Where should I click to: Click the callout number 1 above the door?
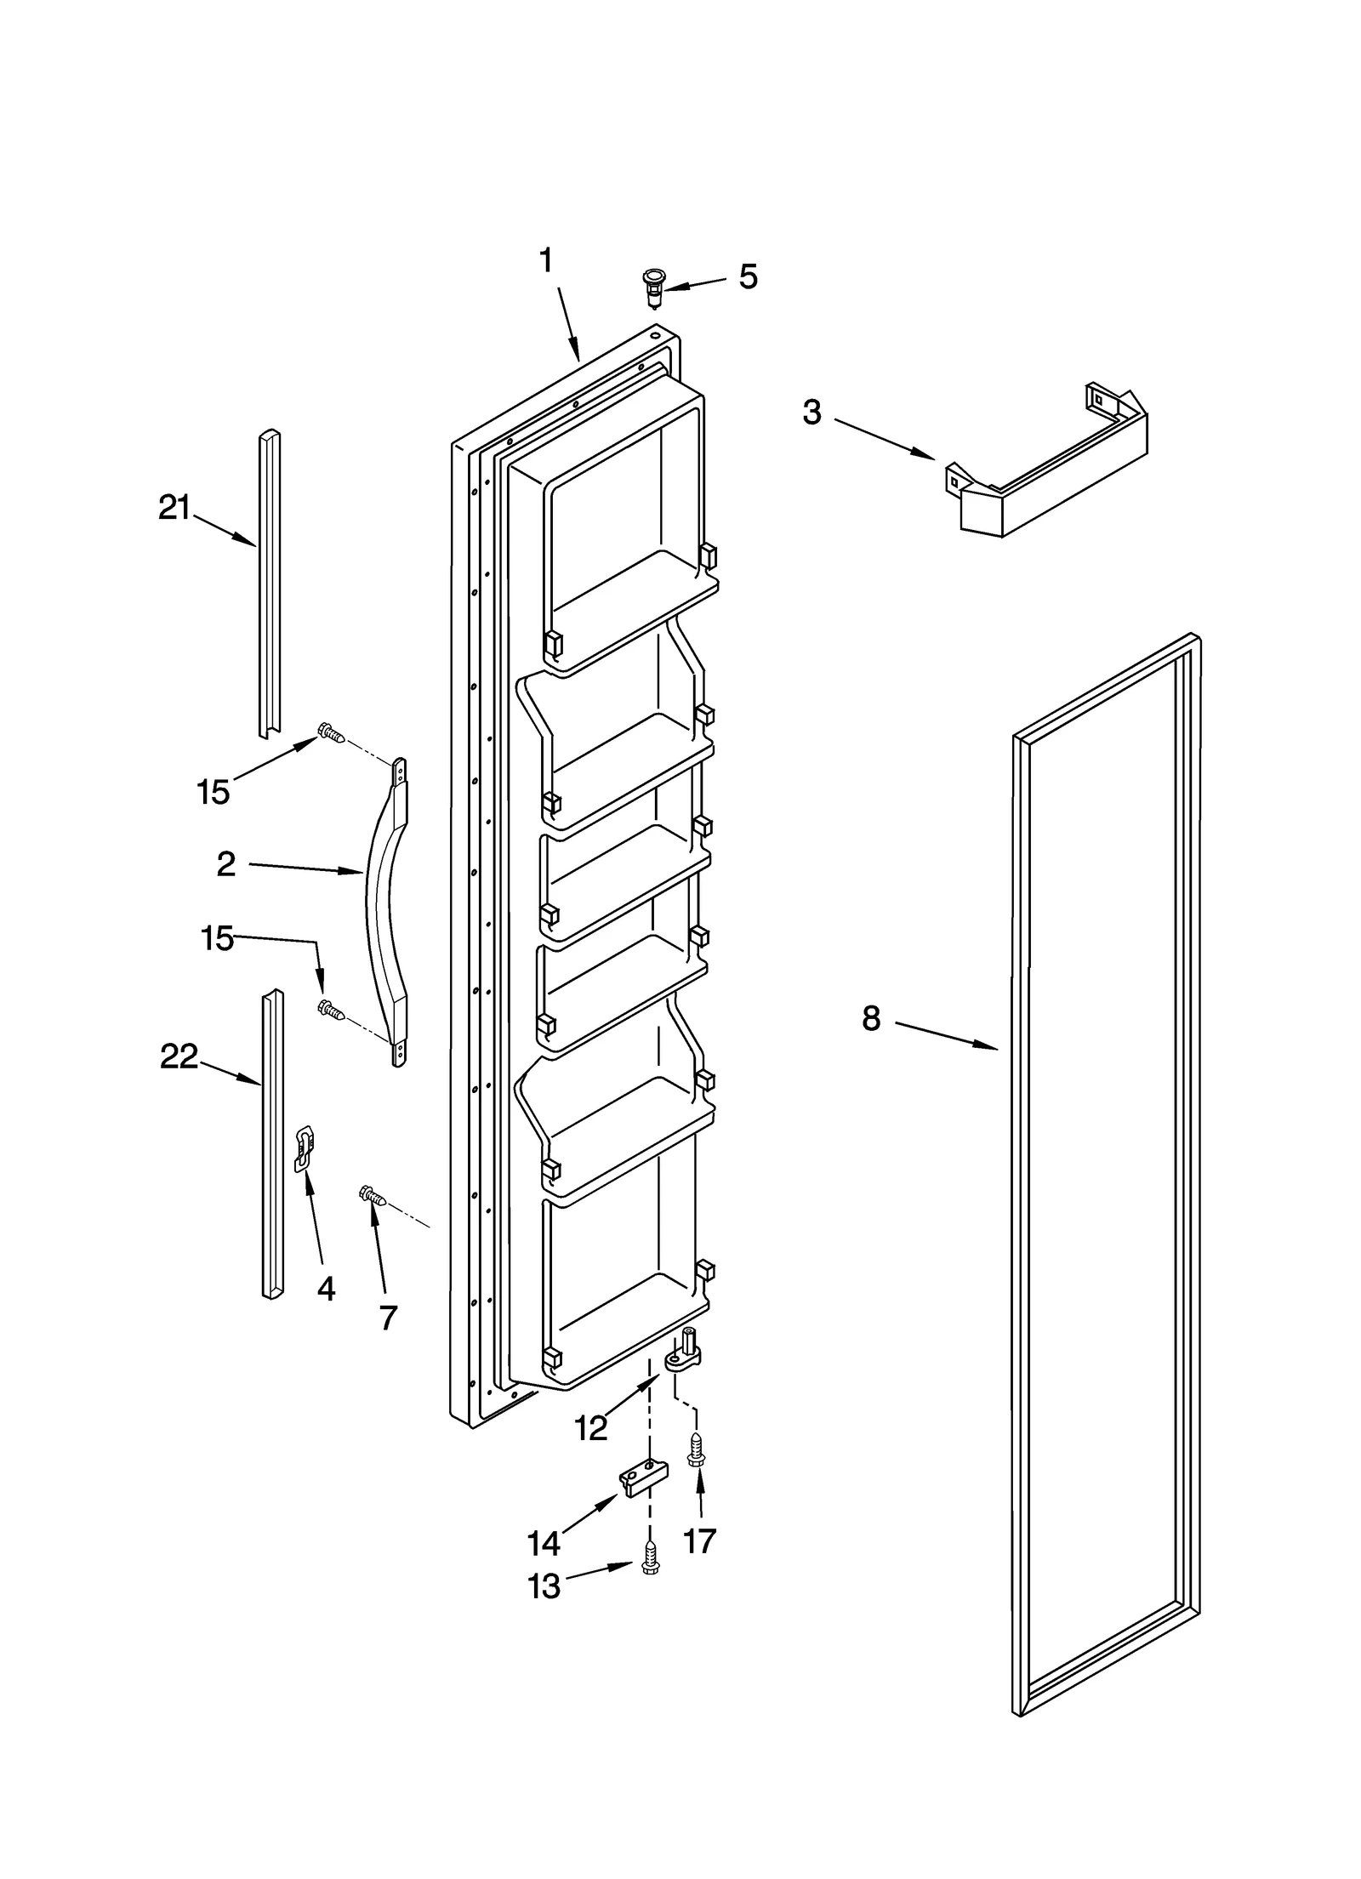[546, 261]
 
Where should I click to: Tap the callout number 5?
[747, 276]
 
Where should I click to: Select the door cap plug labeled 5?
[653, 286]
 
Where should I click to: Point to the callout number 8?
[870, 1017]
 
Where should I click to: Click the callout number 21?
[174, 508]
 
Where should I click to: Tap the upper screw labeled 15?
[331, 732]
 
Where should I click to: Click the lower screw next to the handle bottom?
[331, 1011]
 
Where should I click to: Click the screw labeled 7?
[373, 1197]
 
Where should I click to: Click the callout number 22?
[179, 1056]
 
